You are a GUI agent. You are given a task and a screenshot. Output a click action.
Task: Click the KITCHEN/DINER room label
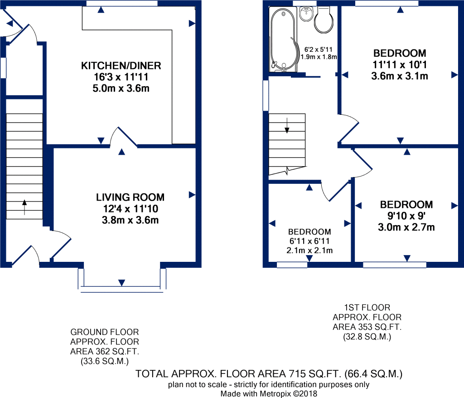[x=121, y=65]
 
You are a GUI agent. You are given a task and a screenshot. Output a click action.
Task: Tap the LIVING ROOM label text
[x=130, y=197]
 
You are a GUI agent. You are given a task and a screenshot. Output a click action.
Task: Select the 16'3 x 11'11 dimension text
[x=121, y=77]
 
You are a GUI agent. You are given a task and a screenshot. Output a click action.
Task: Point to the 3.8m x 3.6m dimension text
[x=130, y=220]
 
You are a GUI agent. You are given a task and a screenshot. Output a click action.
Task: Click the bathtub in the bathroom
[x=283, y=40]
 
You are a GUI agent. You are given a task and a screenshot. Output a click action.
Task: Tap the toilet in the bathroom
[x=324, y=20]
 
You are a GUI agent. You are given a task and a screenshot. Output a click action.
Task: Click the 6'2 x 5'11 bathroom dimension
[x=319, y=49]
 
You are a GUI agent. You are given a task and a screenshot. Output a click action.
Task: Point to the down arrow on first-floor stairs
[x=287, y=126]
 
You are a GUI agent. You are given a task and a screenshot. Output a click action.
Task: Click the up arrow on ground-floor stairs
[x=24, y=207]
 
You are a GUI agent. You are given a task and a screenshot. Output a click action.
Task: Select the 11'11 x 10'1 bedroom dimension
[x=400, y=64]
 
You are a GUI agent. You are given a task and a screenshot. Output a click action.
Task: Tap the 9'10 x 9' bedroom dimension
[x=406, y=216]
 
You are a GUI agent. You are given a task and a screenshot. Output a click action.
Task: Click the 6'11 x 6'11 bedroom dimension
[x=309, y=241]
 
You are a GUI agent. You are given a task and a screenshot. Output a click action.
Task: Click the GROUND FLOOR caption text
[x=105, y=332]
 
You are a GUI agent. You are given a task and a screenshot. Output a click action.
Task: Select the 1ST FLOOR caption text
[x=367, y=307]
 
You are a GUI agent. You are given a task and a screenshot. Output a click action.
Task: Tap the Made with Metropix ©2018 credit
[x=269, y=394]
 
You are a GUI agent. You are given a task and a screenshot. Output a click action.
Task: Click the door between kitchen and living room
[x=123, y=137]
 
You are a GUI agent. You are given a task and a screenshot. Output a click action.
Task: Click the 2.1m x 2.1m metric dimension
[x=309, y=251]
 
